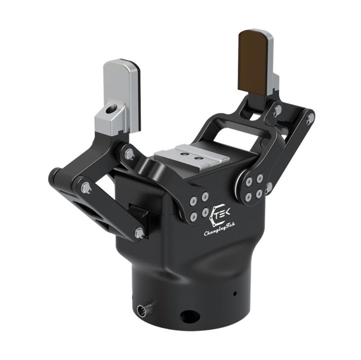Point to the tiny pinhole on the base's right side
[x=234, y=294]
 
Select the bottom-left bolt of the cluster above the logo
[x=193, y=216]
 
